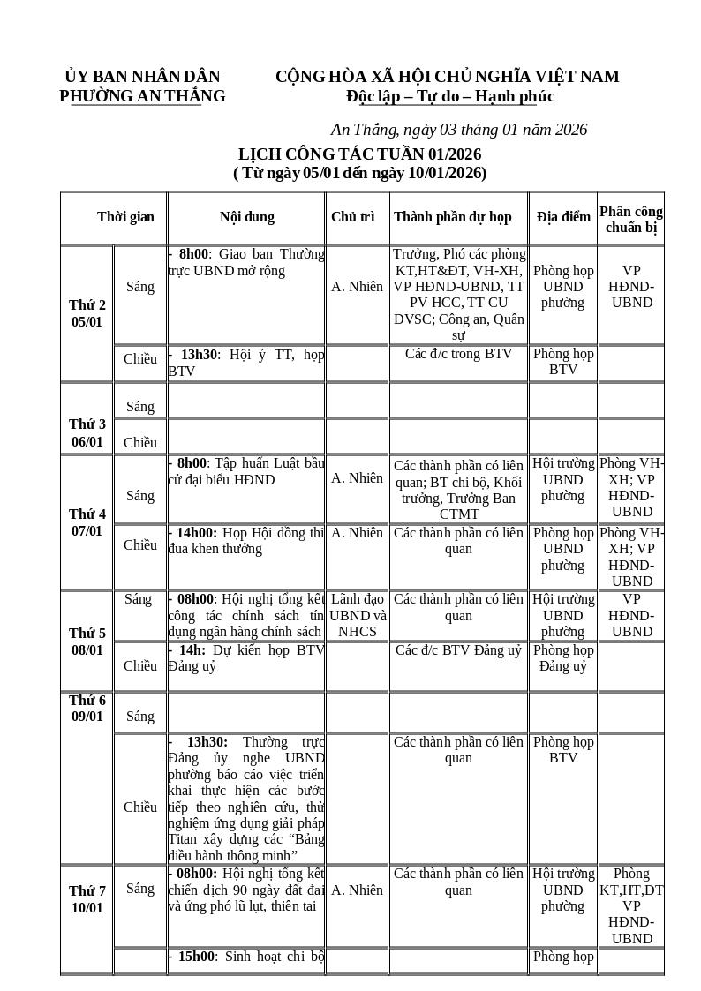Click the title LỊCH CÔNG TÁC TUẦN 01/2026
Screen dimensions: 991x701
coord(359,154)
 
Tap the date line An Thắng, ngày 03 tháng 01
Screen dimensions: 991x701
coord(458,130)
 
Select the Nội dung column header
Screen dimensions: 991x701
coord(246,217)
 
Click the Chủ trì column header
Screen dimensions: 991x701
coord(353,217)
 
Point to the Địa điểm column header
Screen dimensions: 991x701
coord(563,217)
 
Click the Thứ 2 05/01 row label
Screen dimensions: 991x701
coord(87,313)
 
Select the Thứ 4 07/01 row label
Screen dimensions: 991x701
coord(87,522)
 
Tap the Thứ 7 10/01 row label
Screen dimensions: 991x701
coord(87,899)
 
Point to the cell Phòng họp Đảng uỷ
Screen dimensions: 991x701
coord(563,658)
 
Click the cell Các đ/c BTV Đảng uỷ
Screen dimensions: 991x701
coord(458,650)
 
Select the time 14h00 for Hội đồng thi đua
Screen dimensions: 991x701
coord(196,533)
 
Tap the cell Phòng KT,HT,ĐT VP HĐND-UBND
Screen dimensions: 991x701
coord(631,905)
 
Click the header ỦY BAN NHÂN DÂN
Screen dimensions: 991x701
coord(142,77)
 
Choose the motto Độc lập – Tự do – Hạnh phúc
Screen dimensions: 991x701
coord(450,96)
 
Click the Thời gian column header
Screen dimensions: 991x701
coord(125,217)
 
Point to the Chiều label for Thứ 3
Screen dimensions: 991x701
coord(140,443)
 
